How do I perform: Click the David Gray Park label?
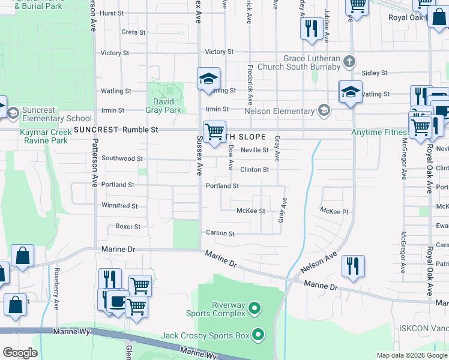[163, 106]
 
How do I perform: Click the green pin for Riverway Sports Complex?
[255, 309]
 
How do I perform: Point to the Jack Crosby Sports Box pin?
[259, 335]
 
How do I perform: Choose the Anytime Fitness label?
[379, 131]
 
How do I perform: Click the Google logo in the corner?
[20, 353]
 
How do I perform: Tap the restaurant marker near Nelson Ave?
[353, 266]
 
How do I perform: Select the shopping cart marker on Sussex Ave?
[214, 132]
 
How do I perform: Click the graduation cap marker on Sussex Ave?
[208, 79]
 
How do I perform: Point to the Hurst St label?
[112, 13]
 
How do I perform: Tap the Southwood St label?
[122, 159]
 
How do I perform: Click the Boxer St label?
[128, 227]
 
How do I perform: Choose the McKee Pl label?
[334, 211]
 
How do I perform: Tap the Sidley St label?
[375, 73]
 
